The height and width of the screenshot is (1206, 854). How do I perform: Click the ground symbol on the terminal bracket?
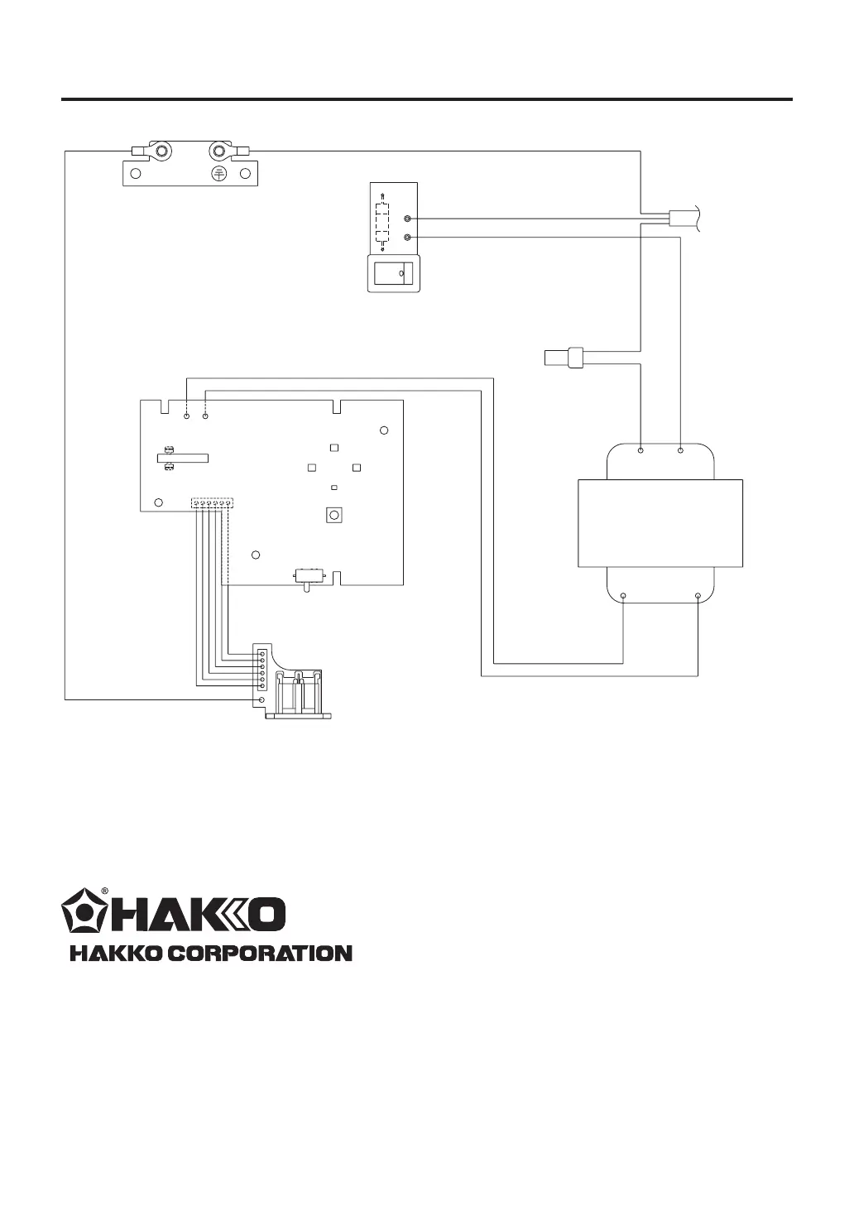pos(218,173)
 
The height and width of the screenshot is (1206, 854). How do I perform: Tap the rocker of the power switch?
pos(394,273)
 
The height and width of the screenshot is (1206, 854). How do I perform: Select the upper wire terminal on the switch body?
pos(408,219)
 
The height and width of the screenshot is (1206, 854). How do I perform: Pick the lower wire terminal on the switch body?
pos(408,238)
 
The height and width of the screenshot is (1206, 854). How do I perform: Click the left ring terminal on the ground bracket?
pos(159,151)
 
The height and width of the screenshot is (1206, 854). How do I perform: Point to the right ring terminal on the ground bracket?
pos(222,151)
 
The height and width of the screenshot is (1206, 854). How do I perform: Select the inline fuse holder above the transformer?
pos(564,358)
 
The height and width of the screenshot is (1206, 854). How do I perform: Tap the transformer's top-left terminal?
pos(640,450)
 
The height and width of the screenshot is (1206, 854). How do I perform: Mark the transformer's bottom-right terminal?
pos(698,596)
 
